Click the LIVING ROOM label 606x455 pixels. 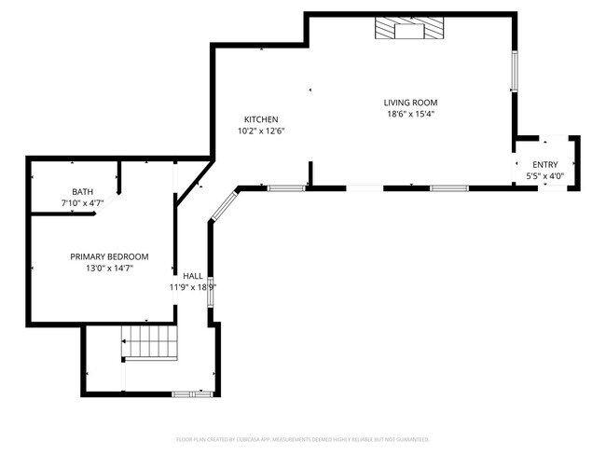[x=410, y=103]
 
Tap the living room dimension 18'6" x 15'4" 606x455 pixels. [x=410, y=115]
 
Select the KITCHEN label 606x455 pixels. [x=261, y=119]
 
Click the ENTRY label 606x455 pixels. [x=544, y=164]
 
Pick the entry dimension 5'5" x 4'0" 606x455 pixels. [x=544, y=175]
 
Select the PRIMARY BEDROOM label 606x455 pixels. [x=109, y=256]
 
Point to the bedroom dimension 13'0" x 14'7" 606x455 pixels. [x=109, y=269]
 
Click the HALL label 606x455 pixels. [x=193, y=276]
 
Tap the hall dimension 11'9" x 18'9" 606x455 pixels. [x=193, y=287]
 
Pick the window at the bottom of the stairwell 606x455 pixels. [x=194, y=394]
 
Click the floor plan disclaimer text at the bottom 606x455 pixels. [x=302, y=438]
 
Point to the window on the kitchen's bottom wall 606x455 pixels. [x=285, y=188]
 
